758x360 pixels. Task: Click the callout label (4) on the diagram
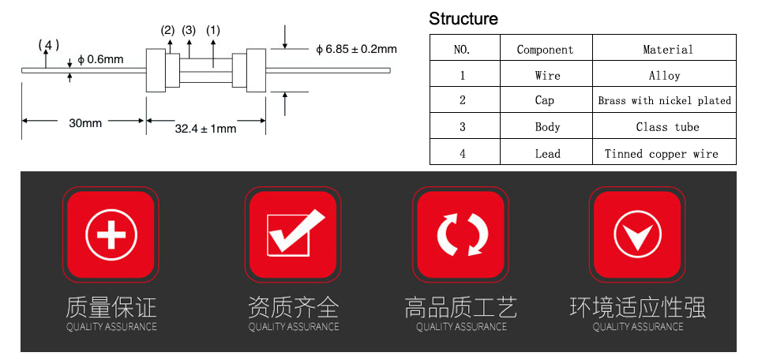(49, 46)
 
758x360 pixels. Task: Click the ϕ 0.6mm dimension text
(100, 59)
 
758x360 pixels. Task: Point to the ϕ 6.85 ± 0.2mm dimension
(356, 49)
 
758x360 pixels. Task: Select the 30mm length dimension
(85, 123)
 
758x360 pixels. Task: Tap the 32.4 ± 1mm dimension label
(205, 129)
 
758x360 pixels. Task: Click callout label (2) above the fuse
(167, 31)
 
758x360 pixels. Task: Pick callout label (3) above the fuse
(189, 31)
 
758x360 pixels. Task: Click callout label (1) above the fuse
(212, 31)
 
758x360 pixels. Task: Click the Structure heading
(463, 19)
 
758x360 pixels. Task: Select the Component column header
(546, 50)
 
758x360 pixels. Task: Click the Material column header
(668, 49)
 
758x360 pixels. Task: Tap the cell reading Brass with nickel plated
(664, 100)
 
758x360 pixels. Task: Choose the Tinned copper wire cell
(662, 154)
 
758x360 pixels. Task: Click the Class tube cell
(668, 127)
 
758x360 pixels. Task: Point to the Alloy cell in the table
(664, 76)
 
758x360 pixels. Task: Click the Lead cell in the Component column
(548, 154)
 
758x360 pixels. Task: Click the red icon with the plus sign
(111, 234)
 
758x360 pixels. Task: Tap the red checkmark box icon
(292, 234)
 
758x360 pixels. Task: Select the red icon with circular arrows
(460, 234)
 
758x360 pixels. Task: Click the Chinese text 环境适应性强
(638, 307)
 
